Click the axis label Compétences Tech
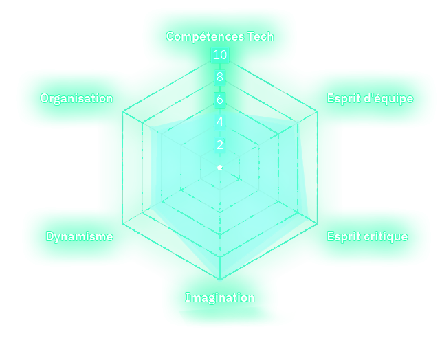tap(220, 36)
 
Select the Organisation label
tap(76, 98)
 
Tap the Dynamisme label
tap(79, 236)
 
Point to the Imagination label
tap(220, 297)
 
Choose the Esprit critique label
tap(367, 236)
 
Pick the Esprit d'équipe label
tap(370, 98)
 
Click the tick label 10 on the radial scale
tap(220, 55)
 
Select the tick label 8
tap(220, 77)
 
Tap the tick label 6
tap(220, 100)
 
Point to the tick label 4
tap(220, 122)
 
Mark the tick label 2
tap(220, 145)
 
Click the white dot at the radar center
tap(220, 168)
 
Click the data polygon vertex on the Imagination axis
tap(220, 280)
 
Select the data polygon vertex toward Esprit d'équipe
tap(298, 122)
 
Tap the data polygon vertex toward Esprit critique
tap(308, 218)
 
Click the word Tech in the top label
tap(260, 36)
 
